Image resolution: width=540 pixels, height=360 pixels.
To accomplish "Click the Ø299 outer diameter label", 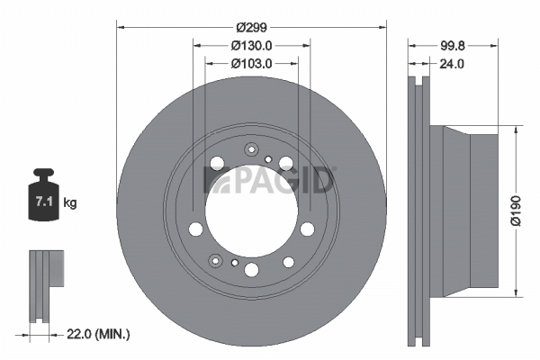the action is pos(251,27).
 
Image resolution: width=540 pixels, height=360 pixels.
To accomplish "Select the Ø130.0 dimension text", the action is pos(251,46).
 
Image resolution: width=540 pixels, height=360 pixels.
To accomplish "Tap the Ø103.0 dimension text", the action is pos(251,64).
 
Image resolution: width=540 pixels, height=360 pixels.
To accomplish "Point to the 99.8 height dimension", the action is pos(453,46).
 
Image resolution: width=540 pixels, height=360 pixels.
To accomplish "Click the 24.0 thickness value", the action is pos(452,64).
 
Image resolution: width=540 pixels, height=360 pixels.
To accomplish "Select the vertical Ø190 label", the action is pos(516,211).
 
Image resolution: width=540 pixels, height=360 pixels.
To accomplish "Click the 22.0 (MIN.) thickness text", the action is pos(98,334).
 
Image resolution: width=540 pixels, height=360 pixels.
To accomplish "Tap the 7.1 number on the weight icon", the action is pos(44,202).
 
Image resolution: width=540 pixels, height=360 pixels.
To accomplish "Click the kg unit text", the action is pos(70,202).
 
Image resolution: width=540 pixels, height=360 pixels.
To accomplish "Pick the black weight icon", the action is pos(43,194).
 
